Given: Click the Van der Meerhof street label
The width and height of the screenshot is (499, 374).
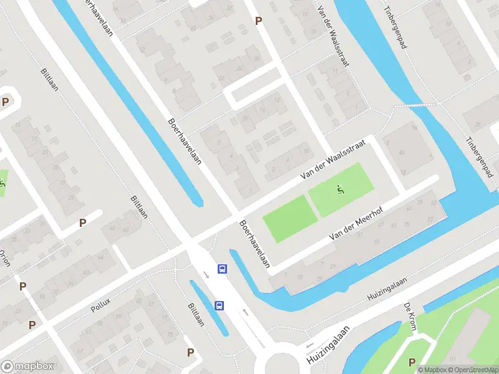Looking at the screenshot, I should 354,228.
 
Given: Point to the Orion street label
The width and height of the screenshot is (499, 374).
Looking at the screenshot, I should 4,257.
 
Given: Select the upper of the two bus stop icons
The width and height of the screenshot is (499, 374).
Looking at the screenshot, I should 221,269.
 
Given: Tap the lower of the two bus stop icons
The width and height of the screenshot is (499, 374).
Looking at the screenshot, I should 219,305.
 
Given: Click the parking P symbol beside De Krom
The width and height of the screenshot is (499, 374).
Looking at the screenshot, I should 411,362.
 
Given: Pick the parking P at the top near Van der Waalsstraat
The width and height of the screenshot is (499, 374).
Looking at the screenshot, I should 258,21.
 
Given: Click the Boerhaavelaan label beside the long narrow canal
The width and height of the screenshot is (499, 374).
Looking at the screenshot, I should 185,141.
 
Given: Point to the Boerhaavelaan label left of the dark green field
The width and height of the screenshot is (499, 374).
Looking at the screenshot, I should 254,243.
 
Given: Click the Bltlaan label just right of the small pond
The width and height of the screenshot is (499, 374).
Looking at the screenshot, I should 195,315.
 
